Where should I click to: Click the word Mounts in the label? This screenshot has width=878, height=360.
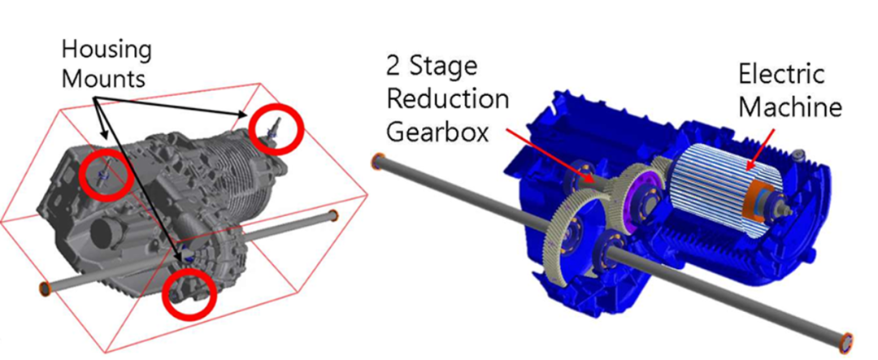pyautogui.click(x=103, y=79)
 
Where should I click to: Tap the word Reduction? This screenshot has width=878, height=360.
pyautogui.click(x=447, y=101)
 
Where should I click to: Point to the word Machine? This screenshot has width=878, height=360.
pyautogui.click(x=790, y=107)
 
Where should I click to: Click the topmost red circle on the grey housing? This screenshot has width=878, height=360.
pyautogui.click(x=276, y=129)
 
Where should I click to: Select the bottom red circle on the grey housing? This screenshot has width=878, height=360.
pyautogui.click(x=189, y=295)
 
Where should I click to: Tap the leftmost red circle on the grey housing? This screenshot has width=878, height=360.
pyautogui.click(x=105, y=174)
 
